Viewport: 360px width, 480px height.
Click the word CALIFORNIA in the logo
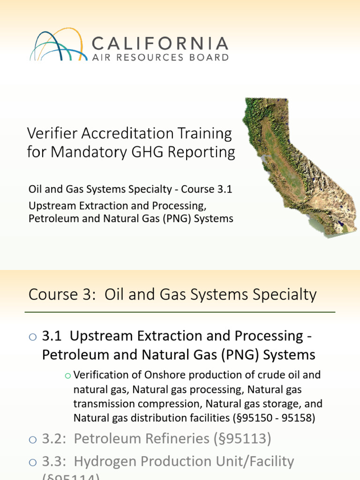pyautogui.click(x=160, y=44)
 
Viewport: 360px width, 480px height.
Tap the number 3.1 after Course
pyautogui.click(x=225, y=190)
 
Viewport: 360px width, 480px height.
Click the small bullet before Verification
pyautogui.click(x=67, y=375)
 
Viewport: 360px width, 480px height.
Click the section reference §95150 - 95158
pyautogui.click(x=267, y=417)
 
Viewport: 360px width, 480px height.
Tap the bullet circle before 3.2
pyautogui.click(x=32, y=439)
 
